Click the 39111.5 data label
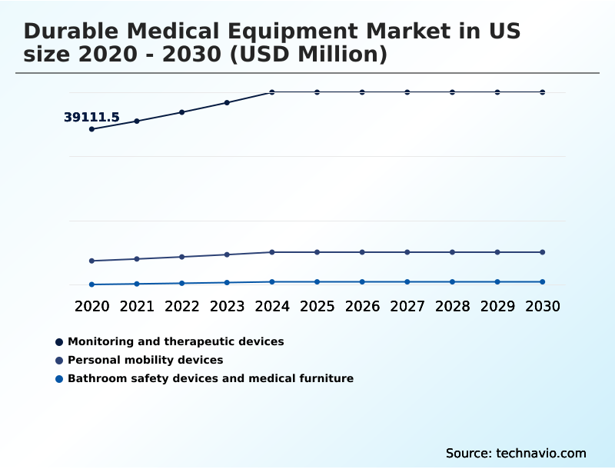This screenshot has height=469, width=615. (91, 118)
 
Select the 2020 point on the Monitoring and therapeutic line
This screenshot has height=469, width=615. (91, 129)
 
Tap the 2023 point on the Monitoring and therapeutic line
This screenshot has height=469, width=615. (227, 102)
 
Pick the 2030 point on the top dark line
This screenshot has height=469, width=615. (542, 92)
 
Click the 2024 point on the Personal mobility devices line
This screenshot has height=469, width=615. (272, 252)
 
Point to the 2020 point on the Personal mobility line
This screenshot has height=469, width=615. (91, 261)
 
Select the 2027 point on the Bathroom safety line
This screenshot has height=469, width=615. (407, 282)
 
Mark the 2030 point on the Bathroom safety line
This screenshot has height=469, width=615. (542, 282)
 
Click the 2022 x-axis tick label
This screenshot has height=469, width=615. (182, 306)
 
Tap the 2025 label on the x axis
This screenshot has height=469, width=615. (317, 306)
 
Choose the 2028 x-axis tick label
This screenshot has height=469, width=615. (452, 306)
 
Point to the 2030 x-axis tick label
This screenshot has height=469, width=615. (542, 306)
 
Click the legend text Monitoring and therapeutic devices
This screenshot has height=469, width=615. (175, 341)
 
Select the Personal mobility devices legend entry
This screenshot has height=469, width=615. (145, 360)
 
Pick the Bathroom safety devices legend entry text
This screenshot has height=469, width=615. (210, 378)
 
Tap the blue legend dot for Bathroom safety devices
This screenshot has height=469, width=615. (59, 378)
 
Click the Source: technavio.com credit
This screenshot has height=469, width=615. (516, 453)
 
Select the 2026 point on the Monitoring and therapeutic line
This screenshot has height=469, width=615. (362, 92)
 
